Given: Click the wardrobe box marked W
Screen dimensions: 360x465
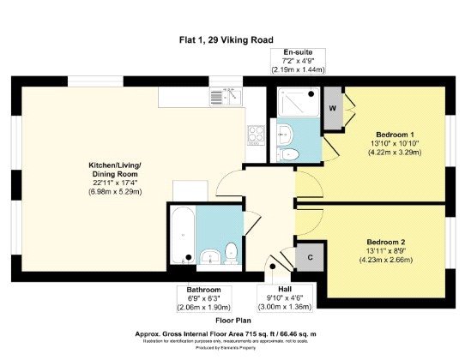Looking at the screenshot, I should (332, 108).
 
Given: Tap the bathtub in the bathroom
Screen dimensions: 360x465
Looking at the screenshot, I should (182, 236).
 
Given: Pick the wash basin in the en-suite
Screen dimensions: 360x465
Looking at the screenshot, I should (286, 133).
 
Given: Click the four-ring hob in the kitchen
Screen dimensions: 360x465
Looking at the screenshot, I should (256, 134).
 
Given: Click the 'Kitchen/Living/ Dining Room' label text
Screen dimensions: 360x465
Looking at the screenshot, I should (116, 172).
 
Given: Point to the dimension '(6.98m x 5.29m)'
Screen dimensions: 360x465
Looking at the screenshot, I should (116, 191).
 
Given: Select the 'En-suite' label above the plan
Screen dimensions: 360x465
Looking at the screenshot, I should (296, 53).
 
